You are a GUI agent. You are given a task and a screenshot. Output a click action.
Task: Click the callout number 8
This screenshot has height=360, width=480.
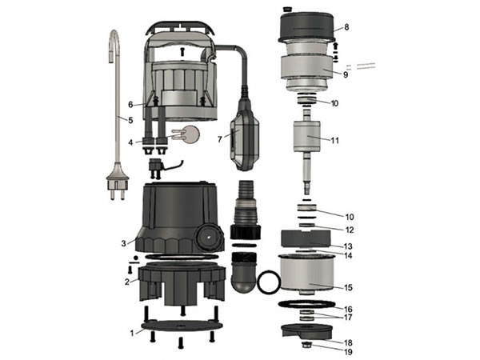click(346, 27)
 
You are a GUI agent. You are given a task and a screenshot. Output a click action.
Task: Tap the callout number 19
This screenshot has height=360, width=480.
click(348, 352)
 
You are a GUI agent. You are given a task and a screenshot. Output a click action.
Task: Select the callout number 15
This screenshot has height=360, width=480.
click(348, 288)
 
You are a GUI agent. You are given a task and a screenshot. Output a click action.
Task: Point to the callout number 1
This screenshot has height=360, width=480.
click(132, 333)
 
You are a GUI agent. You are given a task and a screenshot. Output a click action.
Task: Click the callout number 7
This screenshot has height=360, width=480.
click(220, 139)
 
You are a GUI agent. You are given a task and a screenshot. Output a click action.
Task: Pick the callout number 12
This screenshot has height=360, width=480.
click(350, 230)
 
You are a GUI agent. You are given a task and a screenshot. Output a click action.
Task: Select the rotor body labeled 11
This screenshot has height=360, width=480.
click(306, 136)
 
